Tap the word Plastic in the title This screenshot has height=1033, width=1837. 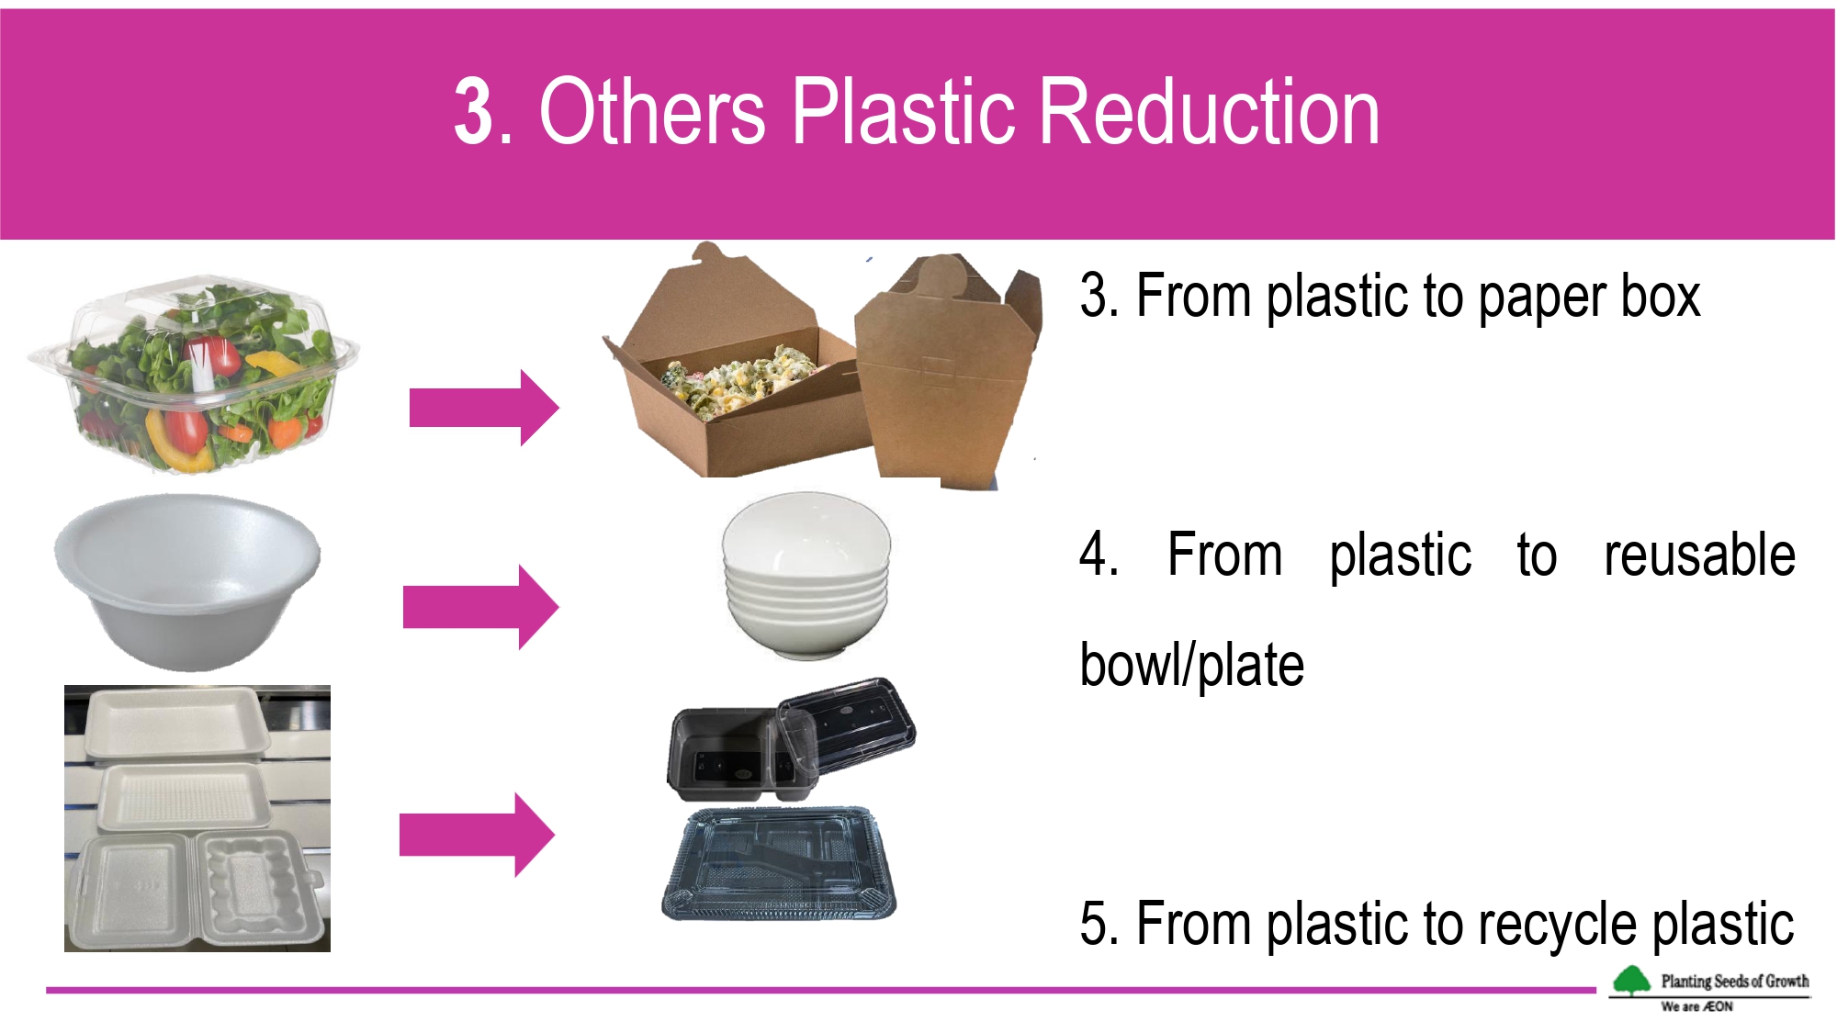pos(905,112)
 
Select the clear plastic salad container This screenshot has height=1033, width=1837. pos(193,373)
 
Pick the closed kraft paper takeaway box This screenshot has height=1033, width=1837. pos(946,372)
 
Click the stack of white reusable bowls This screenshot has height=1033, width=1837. pos(806,576)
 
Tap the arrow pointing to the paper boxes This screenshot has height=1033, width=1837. pos(484,408)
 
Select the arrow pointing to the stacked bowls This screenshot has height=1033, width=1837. pos(480,607)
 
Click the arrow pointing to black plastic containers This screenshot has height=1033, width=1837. pos(477,835)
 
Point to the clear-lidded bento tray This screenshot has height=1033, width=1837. pos(779,863)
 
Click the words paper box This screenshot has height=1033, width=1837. pos(1590,297)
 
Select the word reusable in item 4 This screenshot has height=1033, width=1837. pos(1699,555)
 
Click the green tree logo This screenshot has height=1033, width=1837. pos(1631,981)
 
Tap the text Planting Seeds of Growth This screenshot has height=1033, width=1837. pos(1735,981)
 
